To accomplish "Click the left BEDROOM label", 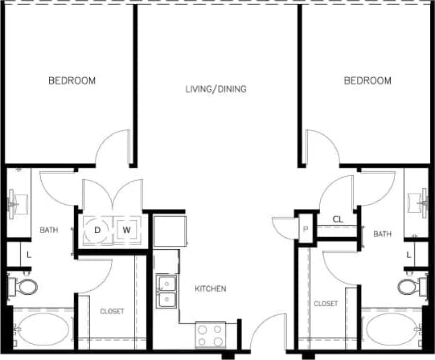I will pyautogui.click(x=72, y=80).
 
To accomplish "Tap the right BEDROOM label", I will pyautogui.click(x=367, y=80).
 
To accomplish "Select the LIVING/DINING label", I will pyautogui.click(x=215, y=88).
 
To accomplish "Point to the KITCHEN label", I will pyautogui.click(x=211, y=288).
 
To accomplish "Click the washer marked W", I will pyautogui.click(x=126, y=231).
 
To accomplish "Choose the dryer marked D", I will pyautogui.click(x=98, y=231).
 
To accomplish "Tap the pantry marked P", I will pyautogui.click(x=306, y=229).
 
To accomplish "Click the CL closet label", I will pyautogui.click(x=339, y=219).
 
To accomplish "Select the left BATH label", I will pyautogui.click(x=49, y=231).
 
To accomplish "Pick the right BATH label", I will pyautogui.click(x=382, y=234).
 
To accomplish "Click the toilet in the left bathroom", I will pyautogui.click(x=26, y=286).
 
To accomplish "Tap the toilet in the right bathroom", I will pyautogui.click(x=408, y=286).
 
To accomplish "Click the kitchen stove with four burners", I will pyautogui.click(x=211, y=333).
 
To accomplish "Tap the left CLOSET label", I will pyautogui.click(x=112, y=311).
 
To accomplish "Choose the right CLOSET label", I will pyautogui.click(x=326, y=304).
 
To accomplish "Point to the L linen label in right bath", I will pyautogui.click(x=408, y=254).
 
